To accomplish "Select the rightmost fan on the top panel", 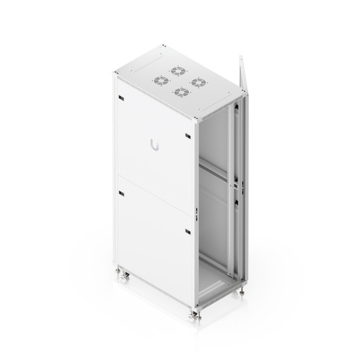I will [196, 81].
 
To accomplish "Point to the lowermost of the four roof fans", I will [180, 93].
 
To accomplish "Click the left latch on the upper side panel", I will [120, 98].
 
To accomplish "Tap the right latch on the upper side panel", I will [187, 135].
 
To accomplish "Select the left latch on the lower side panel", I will [120, 193].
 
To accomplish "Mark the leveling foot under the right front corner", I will [243, 292].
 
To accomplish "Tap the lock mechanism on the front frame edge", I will [197, 212].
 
